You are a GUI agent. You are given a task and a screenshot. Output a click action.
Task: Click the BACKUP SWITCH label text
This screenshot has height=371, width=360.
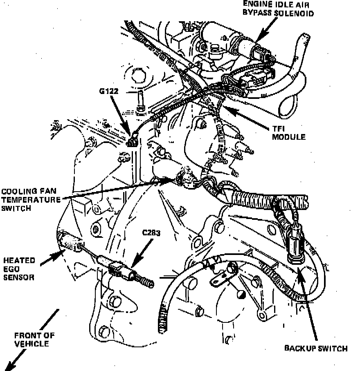(x=316, y=349)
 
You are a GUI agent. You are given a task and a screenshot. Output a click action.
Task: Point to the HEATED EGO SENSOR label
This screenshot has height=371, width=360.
(x=19, y=269)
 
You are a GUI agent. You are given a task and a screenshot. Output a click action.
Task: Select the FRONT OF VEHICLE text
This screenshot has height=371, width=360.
(x=34, y=340)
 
